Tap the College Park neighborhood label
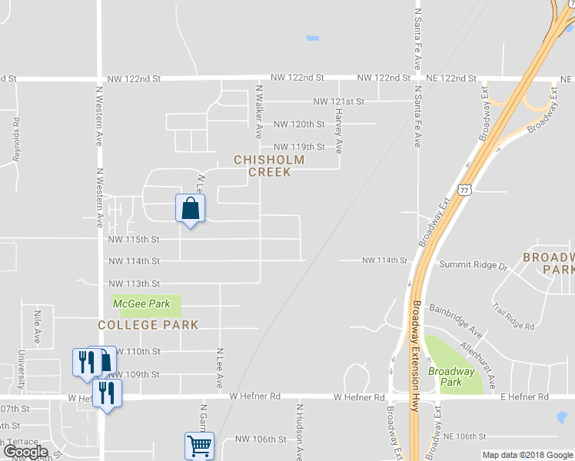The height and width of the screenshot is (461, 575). tap(148, 326)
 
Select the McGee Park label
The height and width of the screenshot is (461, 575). tap(141, 304)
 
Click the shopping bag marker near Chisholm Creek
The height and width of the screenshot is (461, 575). tap(191, 209)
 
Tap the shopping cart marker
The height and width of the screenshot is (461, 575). tap(199, 445)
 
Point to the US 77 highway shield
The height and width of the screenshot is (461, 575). tap(464, 190)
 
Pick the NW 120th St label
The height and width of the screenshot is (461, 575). tap(299, 124)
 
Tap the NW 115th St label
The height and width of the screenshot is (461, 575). tap(134, 240)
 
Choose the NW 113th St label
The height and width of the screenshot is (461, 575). tap(134, 284)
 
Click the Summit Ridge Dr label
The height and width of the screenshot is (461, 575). tap(474, 266)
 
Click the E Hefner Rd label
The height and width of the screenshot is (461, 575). tap(524, 397)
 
